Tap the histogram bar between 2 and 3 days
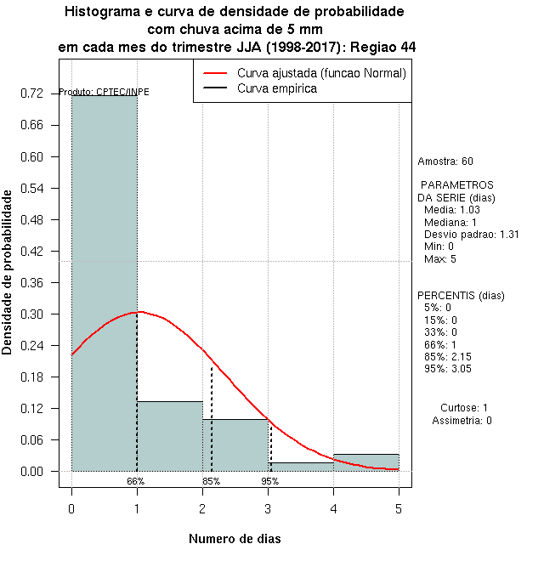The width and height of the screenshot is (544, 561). (235, 445)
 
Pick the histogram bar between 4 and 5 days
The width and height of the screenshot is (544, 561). (366, 462)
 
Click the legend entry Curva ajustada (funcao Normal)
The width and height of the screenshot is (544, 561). (321, 73)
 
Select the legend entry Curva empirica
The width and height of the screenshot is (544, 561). (277, 88)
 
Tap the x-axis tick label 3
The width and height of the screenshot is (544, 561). (268, 508)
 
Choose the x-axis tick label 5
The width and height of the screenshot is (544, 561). (399, 508)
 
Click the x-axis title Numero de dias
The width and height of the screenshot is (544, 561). (234, 539)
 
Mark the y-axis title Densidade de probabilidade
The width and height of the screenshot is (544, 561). (8, 272)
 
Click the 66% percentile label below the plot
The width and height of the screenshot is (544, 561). (136, 481)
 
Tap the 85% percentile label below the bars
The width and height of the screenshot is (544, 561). (211, 481)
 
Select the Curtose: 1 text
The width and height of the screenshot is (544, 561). (463, 408)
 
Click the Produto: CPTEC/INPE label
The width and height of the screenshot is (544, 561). (105, 92)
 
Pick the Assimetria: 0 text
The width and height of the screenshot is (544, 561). (462, 421)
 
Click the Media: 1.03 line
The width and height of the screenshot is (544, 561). (452, 210)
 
